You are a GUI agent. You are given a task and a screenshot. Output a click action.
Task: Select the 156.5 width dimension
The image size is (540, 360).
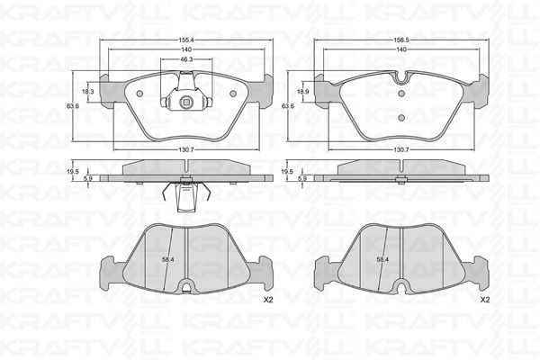(400, 41)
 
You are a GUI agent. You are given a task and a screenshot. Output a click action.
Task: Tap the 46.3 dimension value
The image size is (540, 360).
(184, 59)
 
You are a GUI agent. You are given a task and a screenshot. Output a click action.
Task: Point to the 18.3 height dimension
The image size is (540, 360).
(88, 92)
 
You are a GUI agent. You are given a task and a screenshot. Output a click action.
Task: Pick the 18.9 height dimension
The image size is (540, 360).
(302, 92)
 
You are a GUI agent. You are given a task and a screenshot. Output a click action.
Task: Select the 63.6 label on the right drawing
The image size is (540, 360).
(287, 106)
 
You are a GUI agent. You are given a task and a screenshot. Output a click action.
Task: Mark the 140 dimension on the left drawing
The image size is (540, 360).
(184, 50)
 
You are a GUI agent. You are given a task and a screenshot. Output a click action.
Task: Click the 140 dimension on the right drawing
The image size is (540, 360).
(400, 50)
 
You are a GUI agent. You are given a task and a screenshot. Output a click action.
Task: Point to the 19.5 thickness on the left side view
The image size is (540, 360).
(73, 171)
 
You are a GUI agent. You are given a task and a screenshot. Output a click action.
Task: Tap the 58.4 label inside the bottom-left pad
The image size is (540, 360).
(167, 259)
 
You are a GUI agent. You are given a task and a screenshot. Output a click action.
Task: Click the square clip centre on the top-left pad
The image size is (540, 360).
(184, 101)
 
